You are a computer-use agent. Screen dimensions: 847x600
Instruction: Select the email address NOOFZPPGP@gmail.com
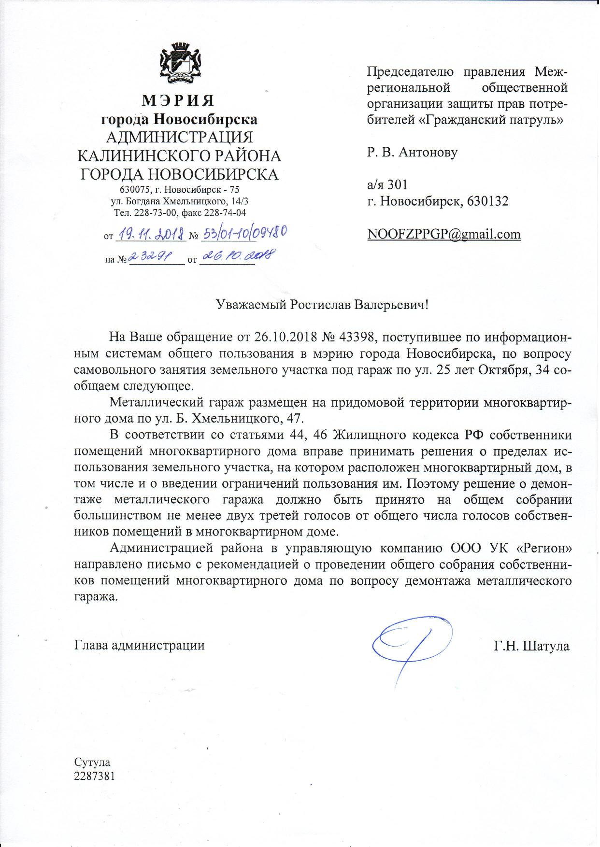[443, 235]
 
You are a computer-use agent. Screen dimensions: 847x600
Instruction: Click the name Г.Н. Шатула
[531, 646]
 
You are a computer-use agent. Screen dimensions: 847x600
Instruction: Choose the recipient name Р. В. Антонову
[412, 153]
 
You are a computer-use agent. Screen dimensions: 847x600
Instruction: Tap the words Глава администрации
[139, 646]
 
